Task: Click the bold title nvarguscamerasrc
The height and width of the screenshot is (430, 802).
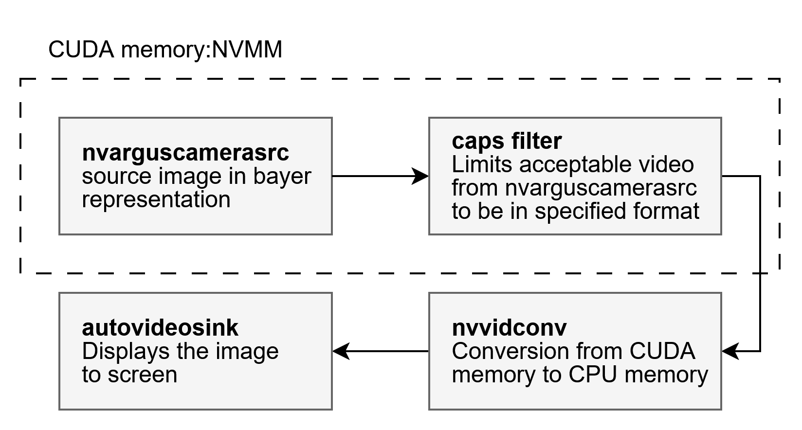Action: [x=185, y=153]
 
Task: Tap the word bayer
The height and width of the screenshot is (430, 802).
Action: [x=282, y=176]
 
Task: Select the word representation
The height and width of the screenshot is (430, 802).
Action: [x=156, y=199]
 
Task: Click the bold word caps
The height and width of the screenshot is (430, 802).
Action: [x=478, y=141]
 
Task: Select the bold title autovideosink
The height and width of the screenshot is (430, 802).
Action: [x=160, y=328]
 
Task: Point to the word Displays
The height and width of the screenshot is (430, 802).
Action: [x=126, y=351]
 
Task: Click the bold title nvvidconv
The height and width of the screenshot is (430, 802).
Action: [x=509, y=328]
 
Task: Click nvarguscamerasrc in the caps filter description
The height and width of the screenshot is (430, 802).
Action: [x=601, y=188]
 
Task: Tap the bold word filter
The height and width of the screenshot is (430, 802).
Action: [x=536, y=141]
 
